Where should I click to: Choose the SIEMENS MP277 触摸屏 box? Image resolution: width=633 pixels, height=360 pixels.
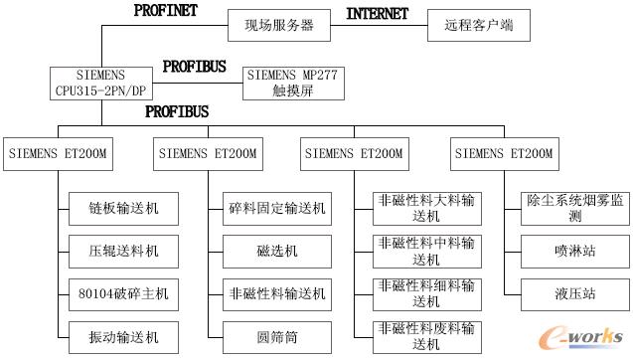click(293, 82)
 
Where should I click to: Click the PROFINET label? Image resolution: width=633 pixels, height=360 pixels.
click(166, 10)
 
